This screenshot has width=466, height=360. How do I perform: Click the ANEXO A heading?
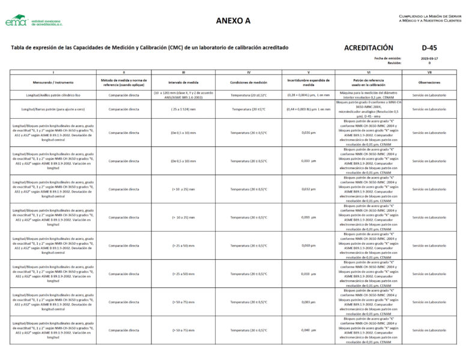[x=233, y=21]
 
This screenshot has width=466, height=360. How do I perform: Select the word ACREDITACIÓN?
[x=369, y=47]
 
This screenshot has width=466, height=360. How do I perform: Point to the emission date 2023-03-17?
[x=429, y=58]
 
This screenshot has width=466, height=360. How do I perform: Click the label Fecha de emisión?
[x=388, y=58]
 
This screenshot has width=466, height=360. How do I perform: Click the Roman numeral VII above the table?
[x=429, y=72]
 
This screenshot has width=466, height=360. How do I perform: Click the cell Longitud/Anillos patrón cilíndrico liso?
[x=53, y=95]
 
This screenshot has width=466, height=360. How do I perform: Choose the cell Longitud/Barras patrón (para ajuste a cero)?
[x=53, y=109]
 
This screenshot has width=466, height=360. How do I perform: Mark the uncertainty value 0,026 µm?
[x=309, y=133]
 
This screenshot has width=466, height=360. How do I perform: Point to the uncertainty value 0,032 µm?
[x=309, y=189]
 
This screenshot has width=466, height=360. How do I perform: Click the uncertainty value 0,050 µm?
[x=309, y=245]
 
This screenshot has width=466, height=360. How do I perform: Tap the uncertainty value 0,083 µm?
[x=309, y=302]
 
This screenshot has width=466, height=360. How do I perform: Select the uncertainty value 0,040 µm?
[x=309, y=330]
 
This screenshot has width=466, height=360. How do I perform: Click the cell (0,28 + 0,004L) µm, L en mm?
[x=309, y=95]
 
